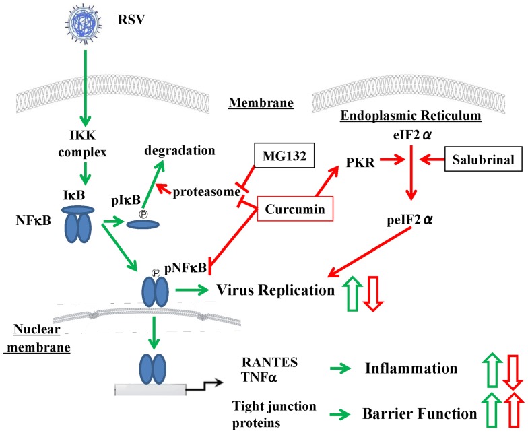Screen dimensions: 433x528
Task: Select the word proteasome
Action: [x=205, y=192]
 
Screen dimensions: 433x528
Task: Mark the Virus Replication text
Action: [x=276, y=290]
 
